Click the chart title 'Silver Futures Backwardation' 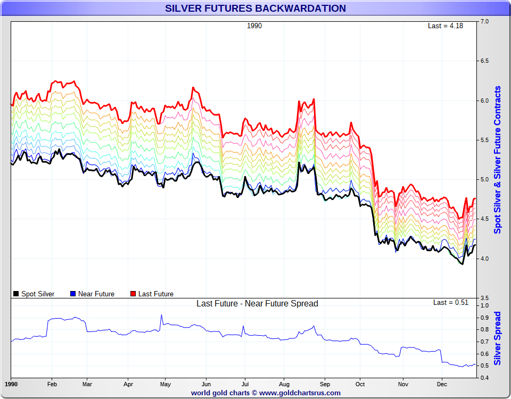pos(256,9)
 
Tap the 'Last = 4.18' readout pos(445,26)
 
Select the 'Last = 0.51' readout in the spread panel pos(450,302)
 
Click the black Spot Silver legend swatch pos(16,294)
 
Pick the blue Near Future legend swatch pos(73,294)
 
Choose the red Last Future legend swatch pos(133,294)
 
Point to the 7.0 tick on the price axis pos(485,22)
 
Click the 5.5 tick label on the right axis pos(485,140)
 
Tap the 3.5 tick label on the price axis pos(485,298)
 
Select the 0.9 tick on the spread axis pos(485,318)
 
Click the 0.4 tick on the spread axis pos(485,378)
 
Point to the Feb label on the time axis pos(52,384)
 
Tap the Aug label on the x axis pos(284,384)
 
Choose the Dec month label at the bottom pos(442,384)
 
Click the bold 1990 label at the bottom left pos(11,384)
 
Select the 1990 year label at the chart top pos(254,26)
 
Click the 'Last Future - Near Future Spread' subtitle pos(257,304)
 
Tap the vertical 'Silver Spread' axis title pos(498,338)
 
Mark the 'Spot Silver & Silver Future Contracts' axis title pos(498,160)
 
